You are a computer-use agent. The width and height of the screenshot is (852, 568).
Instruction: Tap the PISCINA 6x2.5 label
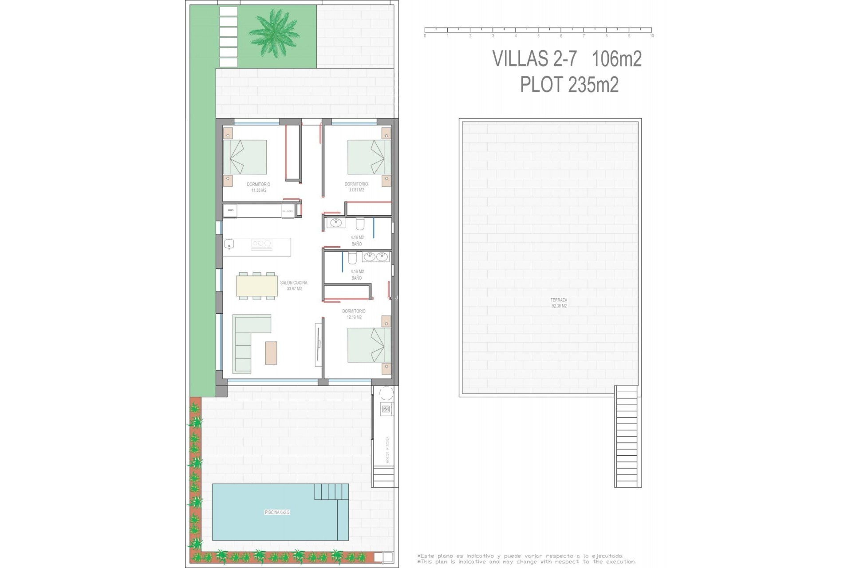click(x=277, y=512)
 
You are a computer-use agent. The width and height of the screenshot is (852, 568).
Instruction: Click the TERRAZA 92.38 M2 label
click(x=559, y=303)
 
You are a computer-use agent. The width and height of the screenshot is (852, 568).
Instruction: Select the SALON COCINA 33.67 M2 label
click(x=294, y=285)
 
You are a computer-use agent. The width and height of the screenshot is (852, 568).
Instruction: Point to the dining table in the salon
click(x=257, y=286)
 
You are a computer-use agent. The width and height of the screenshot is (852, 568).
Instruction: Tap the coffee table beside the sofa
click(x=271, y=353)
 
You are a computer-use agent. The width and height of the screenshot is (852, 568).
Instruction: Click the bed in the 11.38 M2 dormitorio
click(x=245, y=157)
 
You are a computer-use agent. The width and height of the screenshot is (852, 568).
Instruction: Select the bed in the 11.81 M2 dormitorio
click(x=369, y=157)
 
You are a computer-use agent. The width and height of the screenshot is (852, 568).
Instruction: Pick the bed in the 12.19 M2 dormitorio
click(x=369, y=345)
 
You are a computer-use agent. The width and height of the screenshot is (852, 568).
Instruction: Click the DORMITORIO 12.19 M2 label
click(x=354, y=314)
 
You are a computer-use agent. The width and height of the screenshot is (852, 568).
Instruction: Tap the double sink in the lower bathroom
click(x=376, y=256)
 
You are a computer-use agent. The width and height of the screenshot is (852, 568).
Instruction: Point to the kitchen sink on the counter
click(x=229, y=244)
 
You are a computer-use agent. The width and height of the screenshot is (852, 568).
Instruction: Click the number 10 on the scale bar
click(x=651, y=36)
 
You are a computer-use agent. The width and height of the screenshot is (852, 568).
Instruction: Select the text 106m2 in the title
click(x=617, y=59)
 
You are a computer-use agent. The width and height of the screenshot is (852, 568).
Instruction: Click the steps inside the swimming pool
click(x=331, y=491)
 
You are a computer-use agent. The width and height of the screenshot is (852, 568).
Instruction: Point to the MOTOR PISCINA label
click(x=387, y=450)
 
